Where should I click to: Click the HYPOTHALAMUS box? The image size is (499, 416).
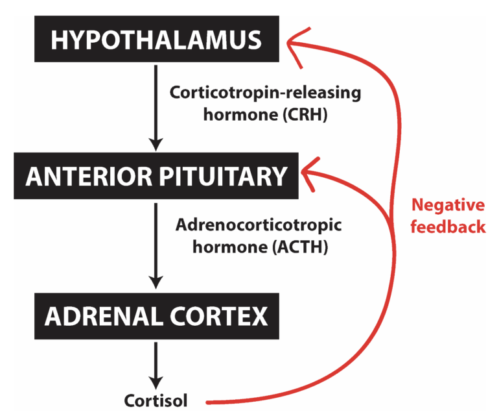156,40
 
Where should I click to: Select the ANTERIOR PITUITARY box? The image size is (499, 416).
156,177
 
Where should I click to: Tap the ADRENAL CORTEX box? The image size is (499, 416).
156,317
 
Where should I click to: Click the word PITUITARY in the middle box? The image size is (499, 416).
220,177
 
